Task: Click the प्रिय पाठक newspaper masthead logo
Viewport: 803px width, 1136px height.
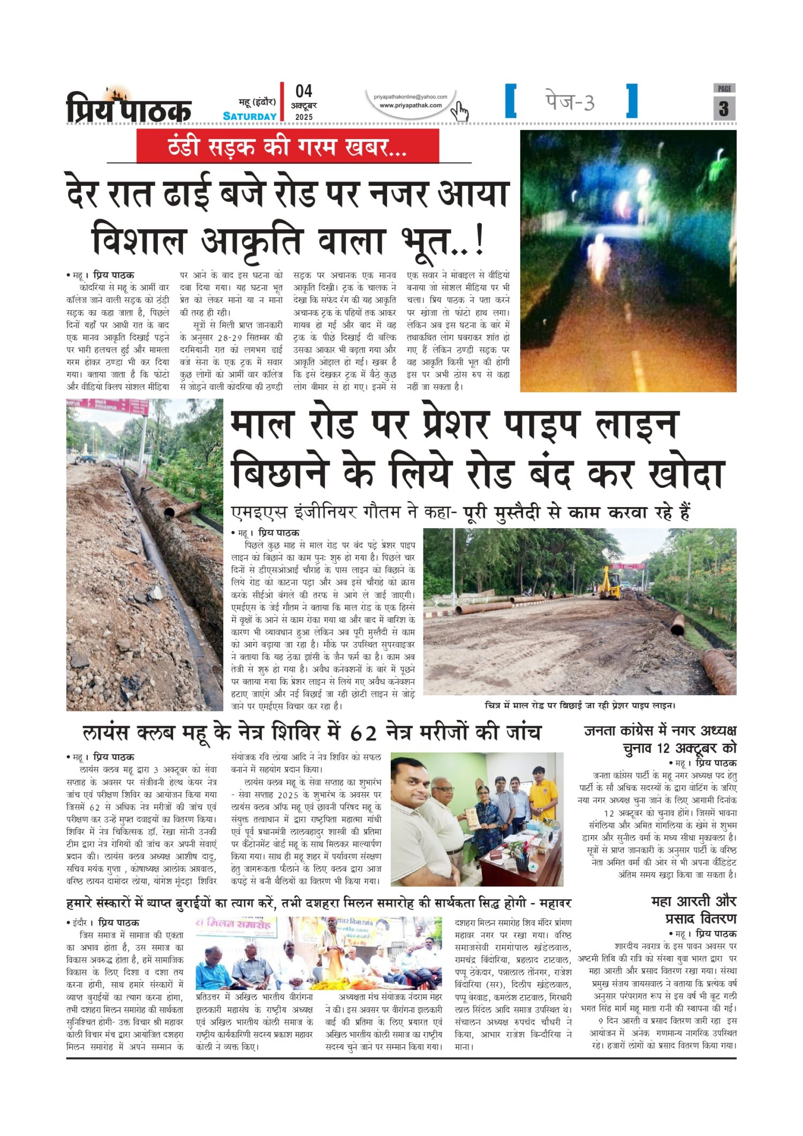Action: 128,106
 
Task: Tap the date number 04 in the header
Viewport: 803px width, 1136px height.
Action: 304,91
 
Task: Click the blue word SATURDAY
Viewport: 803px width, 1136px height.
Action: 249,116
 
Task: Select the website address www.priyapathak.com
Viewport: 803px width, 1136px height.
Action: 411,106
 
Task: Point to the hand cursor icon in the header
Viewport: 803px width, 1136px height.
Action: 459,111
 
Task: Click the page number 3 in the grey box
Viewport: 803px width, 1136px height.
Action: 724,109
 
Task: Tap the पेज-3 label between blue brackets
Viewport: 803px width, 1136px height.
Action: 570,101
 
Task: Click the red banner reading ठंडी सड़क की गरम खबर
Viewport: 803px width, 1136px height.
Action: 287,146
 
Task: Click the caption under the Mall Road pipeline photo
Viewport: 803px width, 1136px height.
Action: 580,706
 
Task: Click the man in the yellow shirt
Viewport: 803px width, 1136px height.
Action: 543,796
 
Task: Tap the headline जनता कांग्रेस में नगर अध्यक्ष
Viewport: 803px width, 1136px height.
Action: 660,731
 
